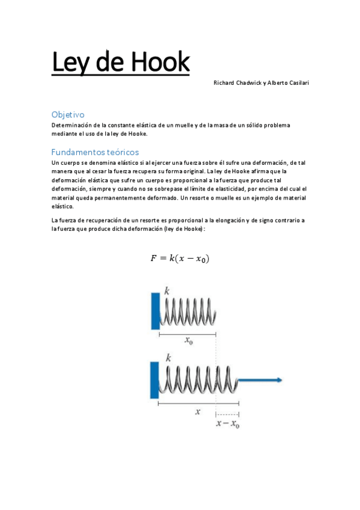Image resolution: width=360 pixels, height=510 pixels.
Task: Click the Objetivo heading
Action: pos(68,114)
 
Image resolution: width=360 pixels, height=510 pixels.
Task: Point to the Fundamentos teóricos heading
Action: pos(95,152)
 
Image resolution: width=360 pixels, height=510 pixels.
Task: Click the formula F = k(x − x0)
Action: pos(180,259)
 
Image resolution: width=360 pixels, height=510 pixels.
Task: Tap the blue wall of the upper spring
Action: pos(154,310)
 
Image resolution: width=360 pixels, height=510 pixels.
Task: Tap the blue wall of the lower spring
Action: pos(154,379)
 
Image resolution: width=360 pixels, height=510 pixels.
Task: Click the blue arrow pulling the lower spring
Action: pos(261,380)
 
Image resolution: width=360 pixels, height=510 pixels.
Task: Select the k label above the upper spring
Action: pos(167,290)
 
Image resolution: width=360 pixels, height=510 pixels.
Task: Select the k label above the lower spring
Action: pos(168,357)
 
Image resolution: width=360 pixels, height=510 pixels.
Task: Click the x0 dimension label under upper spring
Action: pos(189,342)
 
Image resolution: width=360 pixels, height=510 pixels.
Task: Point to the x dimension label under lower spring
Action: pos(198,412)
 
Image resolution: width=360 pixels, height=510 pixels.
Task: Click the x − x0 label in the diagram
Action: pos(228,424)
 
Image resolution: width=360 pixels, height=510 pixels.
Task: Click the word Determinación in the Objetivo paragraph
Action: pos(70,125)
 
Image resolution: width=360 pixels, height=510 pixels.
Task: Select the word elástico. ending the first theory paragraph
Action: pos(63,206)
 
